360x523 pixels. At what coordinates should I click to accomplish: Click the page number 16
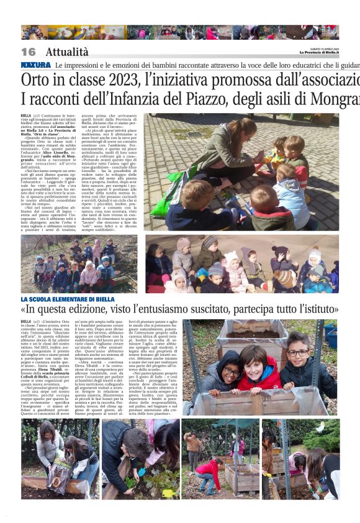point(29,52)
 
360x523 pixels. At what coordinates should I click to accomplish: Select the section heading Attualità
point(67,52)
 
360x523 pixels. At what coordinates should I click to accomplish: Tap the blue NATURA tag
point(35,65)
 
